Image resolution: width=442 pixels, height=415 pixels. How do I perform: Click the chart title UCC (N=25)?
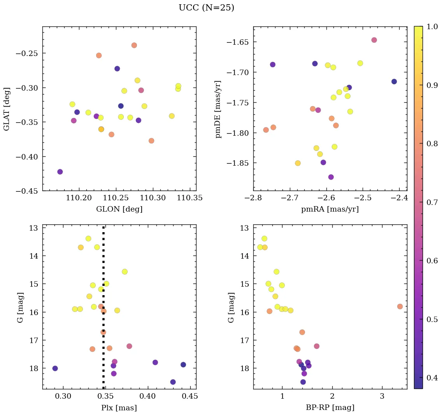pos(206,8)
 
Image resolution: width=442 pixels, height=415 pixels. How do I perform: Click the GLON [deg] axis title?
pos(119,209)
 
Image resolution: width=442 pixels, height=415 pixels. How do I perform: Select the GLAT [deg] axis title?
pos(7,109)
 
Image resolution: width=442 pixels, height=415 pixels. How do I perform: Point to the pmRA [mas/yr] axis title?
pos(330,209)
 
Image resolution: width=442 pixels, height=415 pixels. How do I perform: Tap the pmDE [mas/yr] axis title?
pos(218,109)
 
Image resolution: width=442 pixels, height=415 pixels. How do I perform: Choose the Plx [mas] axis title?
pos(119,408)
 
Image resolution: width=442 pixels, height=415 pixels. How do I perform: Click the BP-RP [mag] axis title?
pos(330,408)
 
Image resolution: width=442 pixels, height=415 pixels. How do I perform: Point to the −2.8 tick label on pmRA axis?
pos(254,198)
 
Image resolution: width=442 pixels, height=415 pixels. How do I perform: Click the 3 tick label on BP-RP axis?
pos(382,396)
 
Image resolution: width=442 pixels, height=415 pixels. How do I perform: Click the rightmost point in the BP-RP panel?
pos(400,306)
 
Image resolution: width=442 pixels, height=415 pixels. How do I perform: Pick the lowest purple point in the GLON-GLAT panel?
pos(60,172)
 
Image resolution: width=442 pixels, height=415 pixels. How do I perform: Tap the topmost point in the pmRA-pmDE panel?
pos(374,40)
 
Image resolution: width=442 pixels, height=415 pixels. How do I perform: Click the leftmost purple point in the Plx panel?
pos(55,368)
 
